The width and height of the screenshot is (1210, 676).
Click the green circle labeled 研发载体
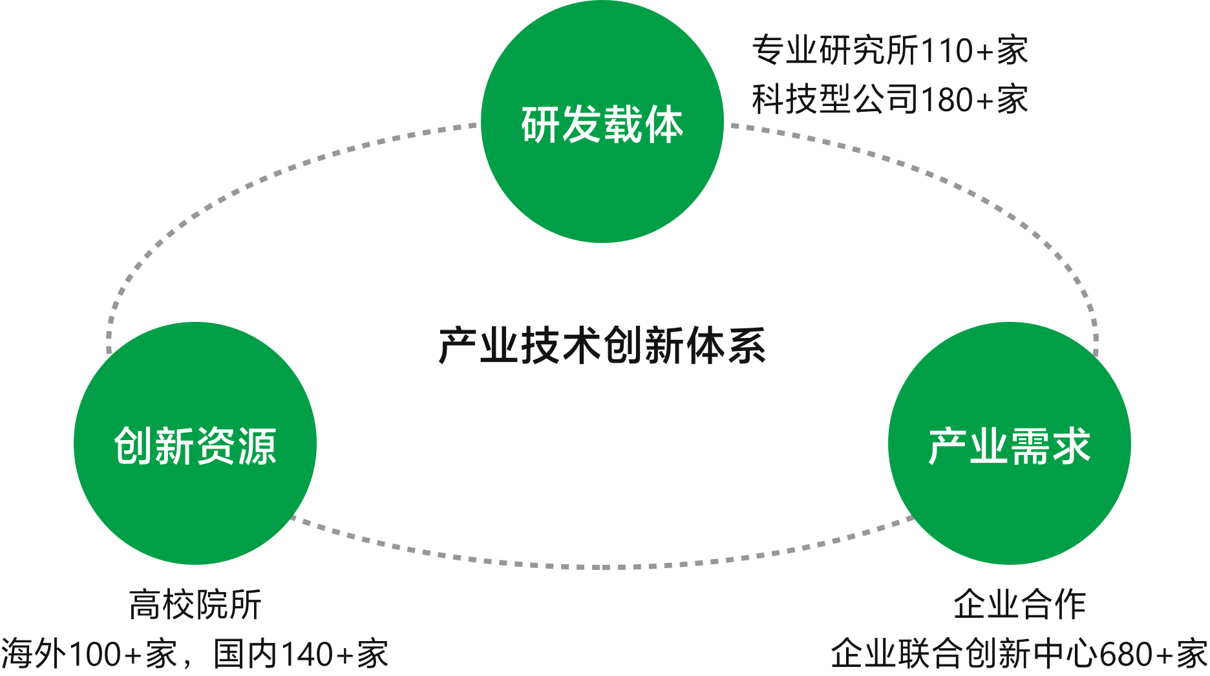click(602, 122)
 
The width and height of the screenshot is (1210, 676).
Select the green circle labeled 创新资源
click(195, 444)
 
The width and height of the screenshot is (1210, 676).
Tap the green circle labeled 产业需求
click(1009, 444)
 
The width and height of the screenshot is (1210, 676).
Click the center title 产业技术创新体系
click(602, 346)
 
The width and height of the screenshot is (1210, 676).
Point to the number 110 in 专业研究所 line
click(946, 51)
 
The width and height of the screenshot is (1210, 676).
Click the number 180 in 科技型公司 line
click(946, 100)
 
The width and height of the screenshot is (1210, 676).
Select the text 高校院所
click(195, 605)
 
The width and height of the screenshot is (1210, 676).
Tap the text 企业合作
click(1019, 605)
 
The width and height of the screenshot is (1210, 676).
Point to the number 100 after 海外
click(94, 654)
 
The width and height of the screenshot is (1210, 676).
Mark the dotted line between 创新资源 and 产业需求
click(602, 567)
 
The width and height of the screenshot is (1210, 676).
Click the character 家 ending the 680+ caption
click(1192, 654)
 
